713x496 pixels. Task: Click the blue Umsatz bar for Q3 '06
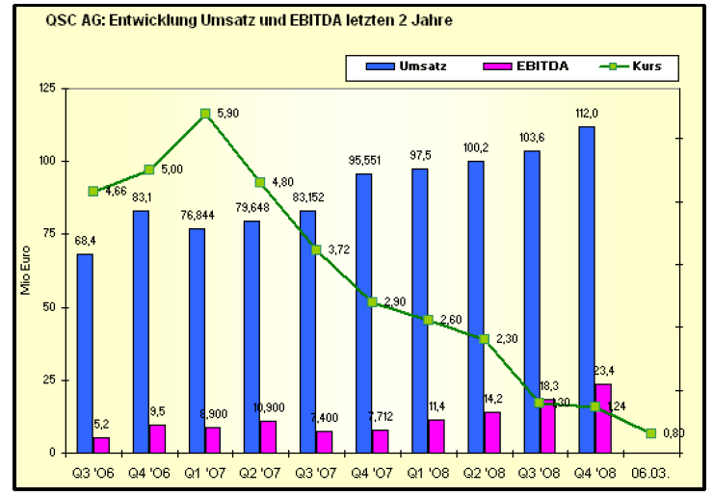click(85, 352)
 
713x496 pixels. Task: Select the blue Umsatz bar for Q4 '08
click(586, 289)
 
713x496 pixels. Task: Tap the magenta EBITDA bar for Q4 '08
click(604, 418)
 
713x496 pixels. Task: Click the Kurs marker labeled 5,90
click(205, 114)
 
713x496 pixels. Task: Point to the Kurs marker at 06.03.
click(650, 433)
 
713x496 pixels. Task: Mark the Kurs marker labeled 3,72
click(316, 249)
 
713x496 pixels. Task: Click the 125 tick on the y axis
click(45, 89)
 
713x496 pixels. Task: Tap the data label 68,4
click(85, 242)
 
